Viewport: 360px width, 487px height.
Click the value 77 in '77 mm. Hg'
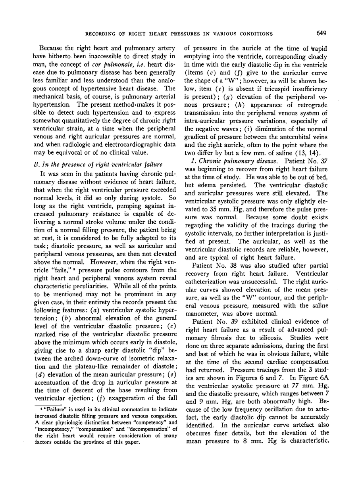click(293, 401)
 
